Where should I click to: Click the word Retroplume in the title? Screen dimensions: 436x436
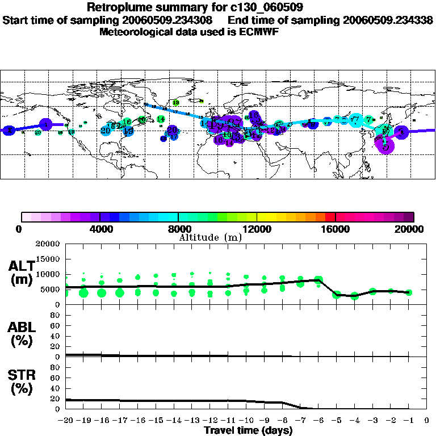click(x=114, y=7)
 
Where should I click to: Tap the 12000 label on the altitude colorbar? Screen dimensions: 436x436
click(x=257, y=229)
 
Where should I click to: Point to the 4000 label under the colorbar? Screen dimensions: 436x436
click(x=100, y=229)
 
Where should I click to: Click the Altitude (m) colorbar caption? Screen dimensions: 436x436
click(x=210, y=237)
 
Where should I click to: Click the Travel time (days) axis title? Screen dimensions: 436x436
click(x=248, y=431)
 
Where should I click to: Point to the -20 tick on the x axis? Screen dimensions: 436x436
click(x=66, y=421)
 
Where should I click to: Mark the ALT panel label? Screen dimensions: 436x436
click(x=22, y=272)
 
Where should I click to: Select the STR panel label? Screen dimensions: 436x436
click(x=22, y=382)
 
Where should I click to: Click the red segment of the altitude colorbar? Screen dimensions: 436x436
click(x=330, y=217)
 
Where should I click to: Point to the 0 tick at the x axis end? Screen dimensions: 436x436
click(x=427, y=421)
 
